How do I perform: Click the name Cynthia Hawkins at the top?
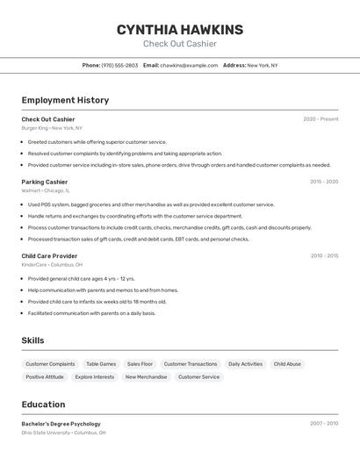tap(180, 30)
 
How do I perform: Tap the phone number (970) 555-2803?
tap(119, 65)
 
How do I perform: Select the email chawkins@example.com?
tap(189, 65)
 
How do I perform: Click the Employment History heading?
tap(65, 100)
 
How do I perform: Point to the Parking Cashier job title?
tap(45, 182)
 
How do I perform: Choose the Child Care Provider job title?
tap(49, 256)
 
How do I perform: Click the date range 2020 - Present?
tap(320, 119)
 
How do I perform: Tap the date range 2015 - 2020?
tap(324, 182)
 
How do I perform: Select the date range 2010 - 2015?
tap(324, 256)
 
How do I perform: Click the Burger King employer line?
tap(52, 128)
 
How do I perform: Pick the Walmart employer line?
tap(46, 190)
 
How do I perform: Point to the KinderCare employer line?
tap(52, 265)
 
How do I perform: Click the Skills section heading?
tap(33, 340)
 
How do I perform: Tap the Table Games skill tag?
tap(101, 364)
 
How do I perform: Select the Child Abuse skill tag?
tap(287, 364)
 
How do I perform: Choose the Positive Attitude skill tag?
tap(45, 377)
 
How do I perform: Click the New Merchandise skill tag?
tap(146, 377)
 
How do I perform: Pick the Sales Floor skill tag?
tap(140, 364)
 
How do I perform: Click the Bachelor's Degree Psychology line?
tap(61, 424)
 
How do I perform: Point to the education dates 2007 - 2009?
tap(324, 424)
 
